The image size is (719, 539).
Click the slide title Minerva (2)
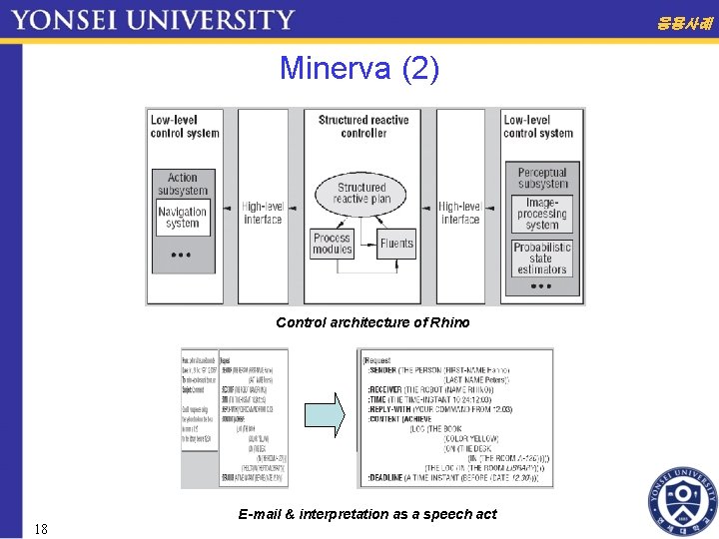point(359,69)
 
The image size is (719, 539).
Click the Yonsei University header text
point(153,19)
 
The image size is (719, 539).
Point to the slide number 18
point(40,528)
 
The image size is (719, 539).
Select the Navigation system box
point(183,218)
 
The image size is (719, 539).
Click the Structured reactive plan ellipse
point(361,193)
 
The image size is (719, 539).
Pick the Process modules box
point(332,244)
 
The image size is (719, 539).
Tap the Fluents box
point(396,244)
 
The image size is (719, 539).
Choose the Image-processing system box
point(542,214)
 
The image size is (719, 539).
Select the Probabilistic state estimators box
point(542,258)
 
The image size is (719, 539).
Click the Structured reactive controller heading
point(363,126)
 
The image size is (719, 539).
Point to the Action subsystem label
point(183,184)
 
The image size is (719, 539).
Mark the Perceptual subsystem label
point(542,178)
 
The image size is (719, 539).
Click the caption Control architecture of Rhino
point(372,322)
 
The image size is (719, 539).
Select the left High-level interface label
point(263,213)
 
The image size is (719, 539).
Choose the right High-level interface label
point(459,213)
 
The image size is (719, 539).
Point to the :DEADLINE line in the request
point(449,477)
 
